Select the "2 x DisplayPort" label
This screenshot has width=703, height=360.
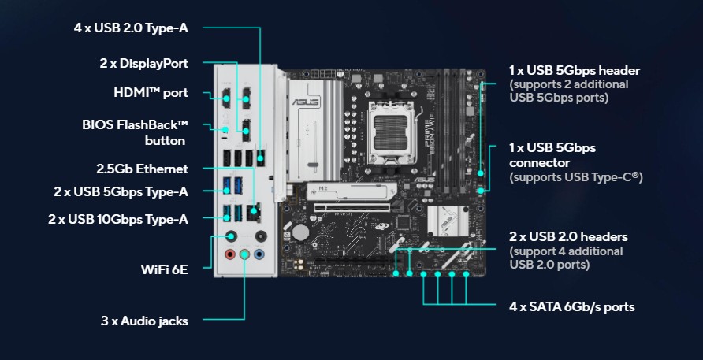click(x=143, y=63)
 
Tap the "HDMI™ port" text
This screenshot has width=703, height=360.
click(x=151, y=93)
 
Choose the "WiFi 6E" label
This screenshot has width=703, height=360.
click(x=164, y=269)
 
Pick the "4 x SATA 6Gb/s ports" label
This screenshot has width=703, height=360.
click(x=571, y=306)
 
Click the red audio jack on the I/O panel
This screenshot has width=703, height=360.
click(x=230, y=254)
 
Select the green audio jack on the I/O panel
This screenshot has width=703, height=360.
click(x=245, y=254)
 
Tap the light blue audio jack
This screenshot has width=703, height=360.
click(x=260, y=254)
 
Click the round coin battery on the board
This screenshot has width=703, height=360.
click(x=301, y=233)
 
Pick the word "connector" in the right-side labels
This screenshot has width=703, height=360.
click(x=538, y=162)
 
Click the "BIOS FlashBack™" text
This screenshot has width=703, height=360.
click(x=135, y=125)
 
